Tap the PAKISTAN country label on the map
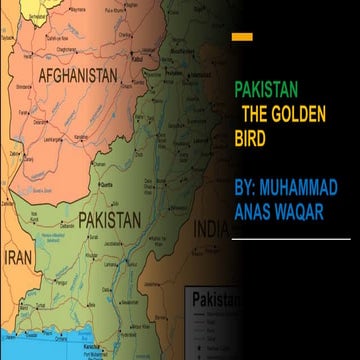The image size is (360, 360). coord(112,217)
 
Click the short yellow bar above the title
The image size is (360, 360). coord(241,36)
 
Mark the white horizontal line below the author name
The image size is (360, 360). coord(291,239)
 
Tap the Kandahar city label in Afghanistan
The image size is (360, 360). coord(68,148)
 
